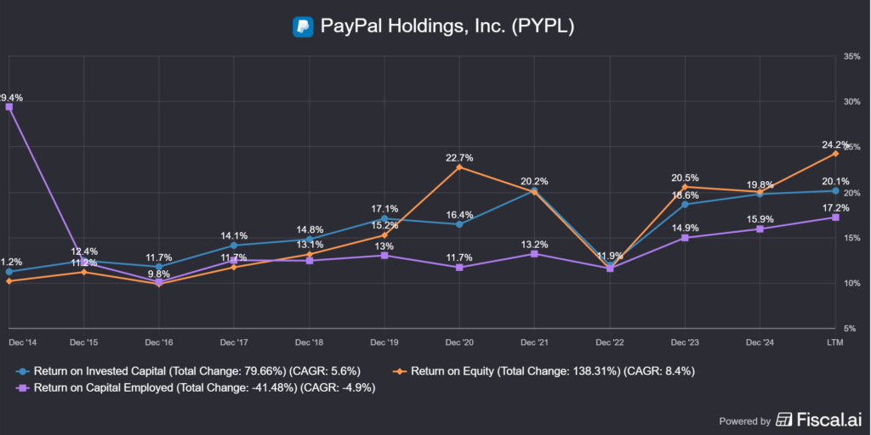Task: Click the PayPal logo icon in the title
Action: pos(303,26)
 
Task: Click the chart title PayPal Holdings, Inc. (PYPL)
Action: pos(447,26)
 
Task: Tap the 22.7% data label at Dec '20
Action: pos(459,157)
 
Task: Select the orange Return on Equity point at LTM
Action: pos(835,154)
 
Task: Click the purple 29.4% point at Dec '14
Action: pos(9,107)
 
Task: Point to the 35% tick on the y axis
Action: pos(851,57)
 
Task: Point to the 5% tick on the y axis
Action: pos(851,328)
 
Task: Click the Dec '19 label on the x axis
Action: pos(384,341)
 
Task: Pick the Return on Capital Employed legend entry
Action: pos(196,387)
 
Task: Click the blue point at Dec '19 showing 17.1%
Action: pos(384,219)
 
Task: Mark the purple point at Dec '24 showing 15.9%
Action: pos(760,229)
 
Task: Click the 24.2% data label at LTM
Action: pos(835,144)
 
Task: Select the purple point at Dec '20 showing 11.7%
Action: pos(459,267)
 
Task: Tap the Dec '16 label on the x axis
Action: pos(159,341)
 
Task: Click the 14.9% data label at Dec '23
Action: pos(685,228)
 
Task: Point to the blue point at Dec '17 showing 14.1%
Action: pos(234,246)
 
